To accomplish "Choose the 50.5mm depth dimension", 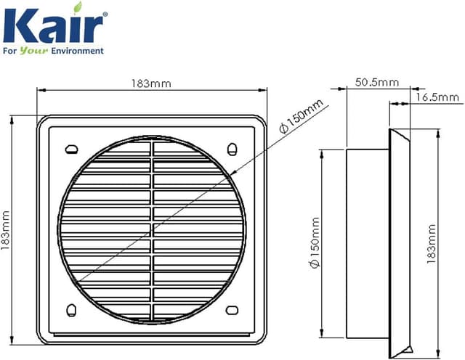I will point(376,83).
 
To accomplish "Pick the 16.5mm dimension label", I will point(439,97).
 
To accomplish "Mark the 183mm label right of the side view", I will point(432,242).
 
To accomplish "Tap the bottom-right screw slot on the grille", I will point(232,310).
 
